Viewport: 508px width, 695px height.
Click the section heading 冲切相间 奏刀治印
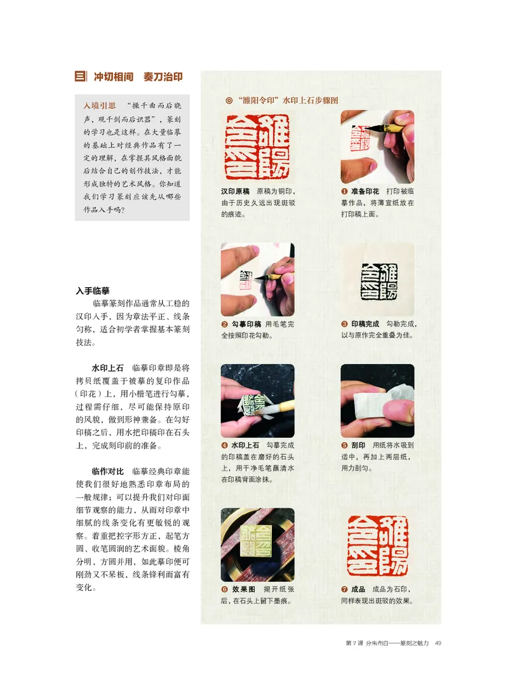138,77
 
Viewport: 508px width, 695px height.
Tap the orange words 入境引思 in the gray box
100,107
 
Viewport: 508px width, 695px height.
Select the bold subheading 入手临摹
93,291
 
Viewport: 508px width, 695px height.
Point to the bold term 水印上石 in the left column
108,368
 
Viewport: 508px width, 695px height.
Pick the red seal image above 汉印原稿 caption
257,147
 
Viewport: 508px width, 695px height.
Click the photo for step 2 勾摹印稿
257,280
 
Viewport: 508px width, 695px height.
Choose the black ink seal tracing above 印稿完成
377,280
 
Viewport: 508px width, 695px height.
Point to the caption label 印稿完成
365,324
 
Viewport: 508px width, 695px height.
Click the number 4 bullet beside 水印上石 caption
225,445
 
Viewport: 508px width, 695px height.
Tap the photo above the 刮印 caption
377,400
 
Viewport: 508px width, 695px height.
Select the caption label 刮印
358,445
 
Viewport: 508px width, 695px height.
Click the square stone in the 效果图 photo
258,546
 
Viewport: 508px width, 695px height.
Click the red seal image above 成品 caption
377,545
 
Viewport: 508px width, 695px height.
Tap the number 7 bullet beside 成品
344,590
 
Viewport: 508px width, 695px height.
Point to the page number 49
438,644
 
